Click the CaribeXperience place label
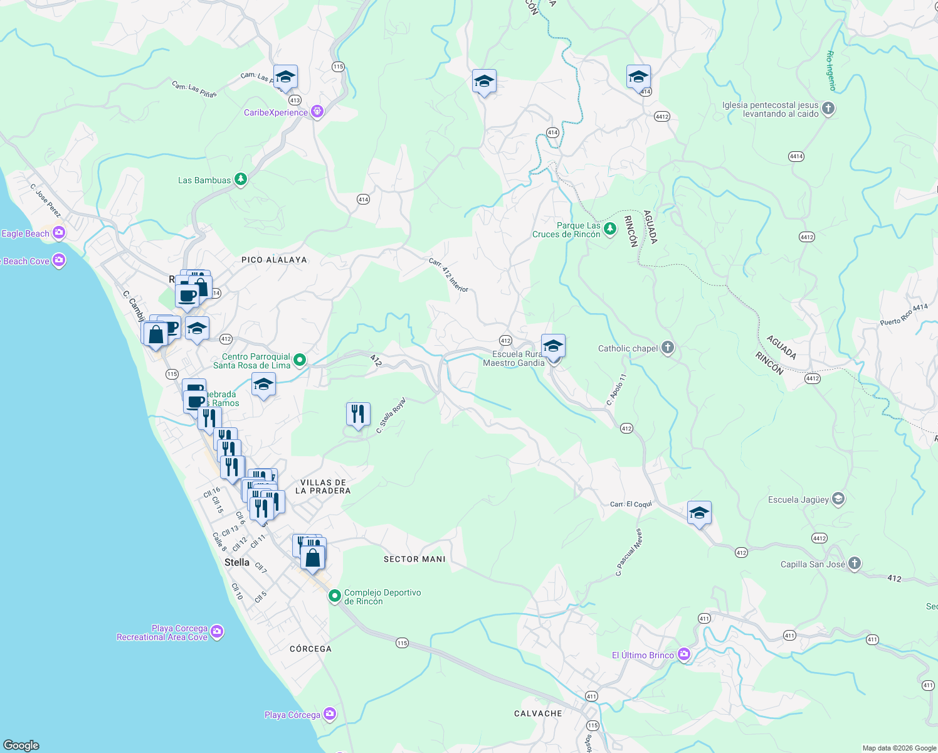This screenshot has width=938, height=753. (x=276, y=113)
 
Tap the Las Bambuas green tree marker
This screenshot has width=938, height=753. (x=240, y=180)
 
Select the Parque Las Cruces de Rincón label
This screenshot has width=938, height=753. (x=566, y=230)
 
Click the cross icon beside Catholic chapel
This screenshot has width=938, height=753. (x=668, y=348)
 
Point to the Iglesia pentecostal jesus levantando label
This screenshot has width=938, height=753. (x=771, y=110)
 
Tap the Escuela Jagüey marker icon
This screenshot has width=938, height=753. (x=839, y=499)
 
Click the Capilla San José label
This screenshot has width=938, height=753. (x=813, y=564)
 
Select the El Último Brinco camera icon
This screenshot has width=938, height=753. (x=683, y=655)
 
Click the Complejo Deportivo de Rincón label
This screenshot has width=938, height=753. (x=382, y=597)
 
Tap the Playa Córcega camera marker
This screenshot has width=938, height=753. (x=330, y=714)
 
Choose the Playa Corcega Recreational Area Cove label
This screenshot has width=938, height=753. (x=162, y=633)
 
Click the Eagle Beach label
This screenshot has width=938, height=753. (x=25, y=233)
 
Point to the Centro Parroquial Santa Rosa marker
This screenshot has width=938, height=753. (x=300, y=360)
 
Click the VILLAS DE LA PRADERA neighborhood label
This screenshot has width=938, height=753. (x=323, y=487)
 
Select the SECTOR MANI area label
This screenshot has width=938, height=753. (x=414, y=559)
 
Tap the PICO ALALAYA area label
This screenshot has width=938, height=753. (x=274, y=260)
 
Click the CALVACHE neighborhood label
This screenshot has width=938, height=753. (x=538, y=713)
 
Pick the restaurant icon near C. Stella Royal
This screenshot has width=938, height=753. (x=358, y=414)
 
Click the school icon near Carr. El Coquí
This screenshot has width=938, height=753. (x=699, y=513)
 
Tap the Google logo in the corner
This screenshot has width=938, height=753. (x=21, y=745)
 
